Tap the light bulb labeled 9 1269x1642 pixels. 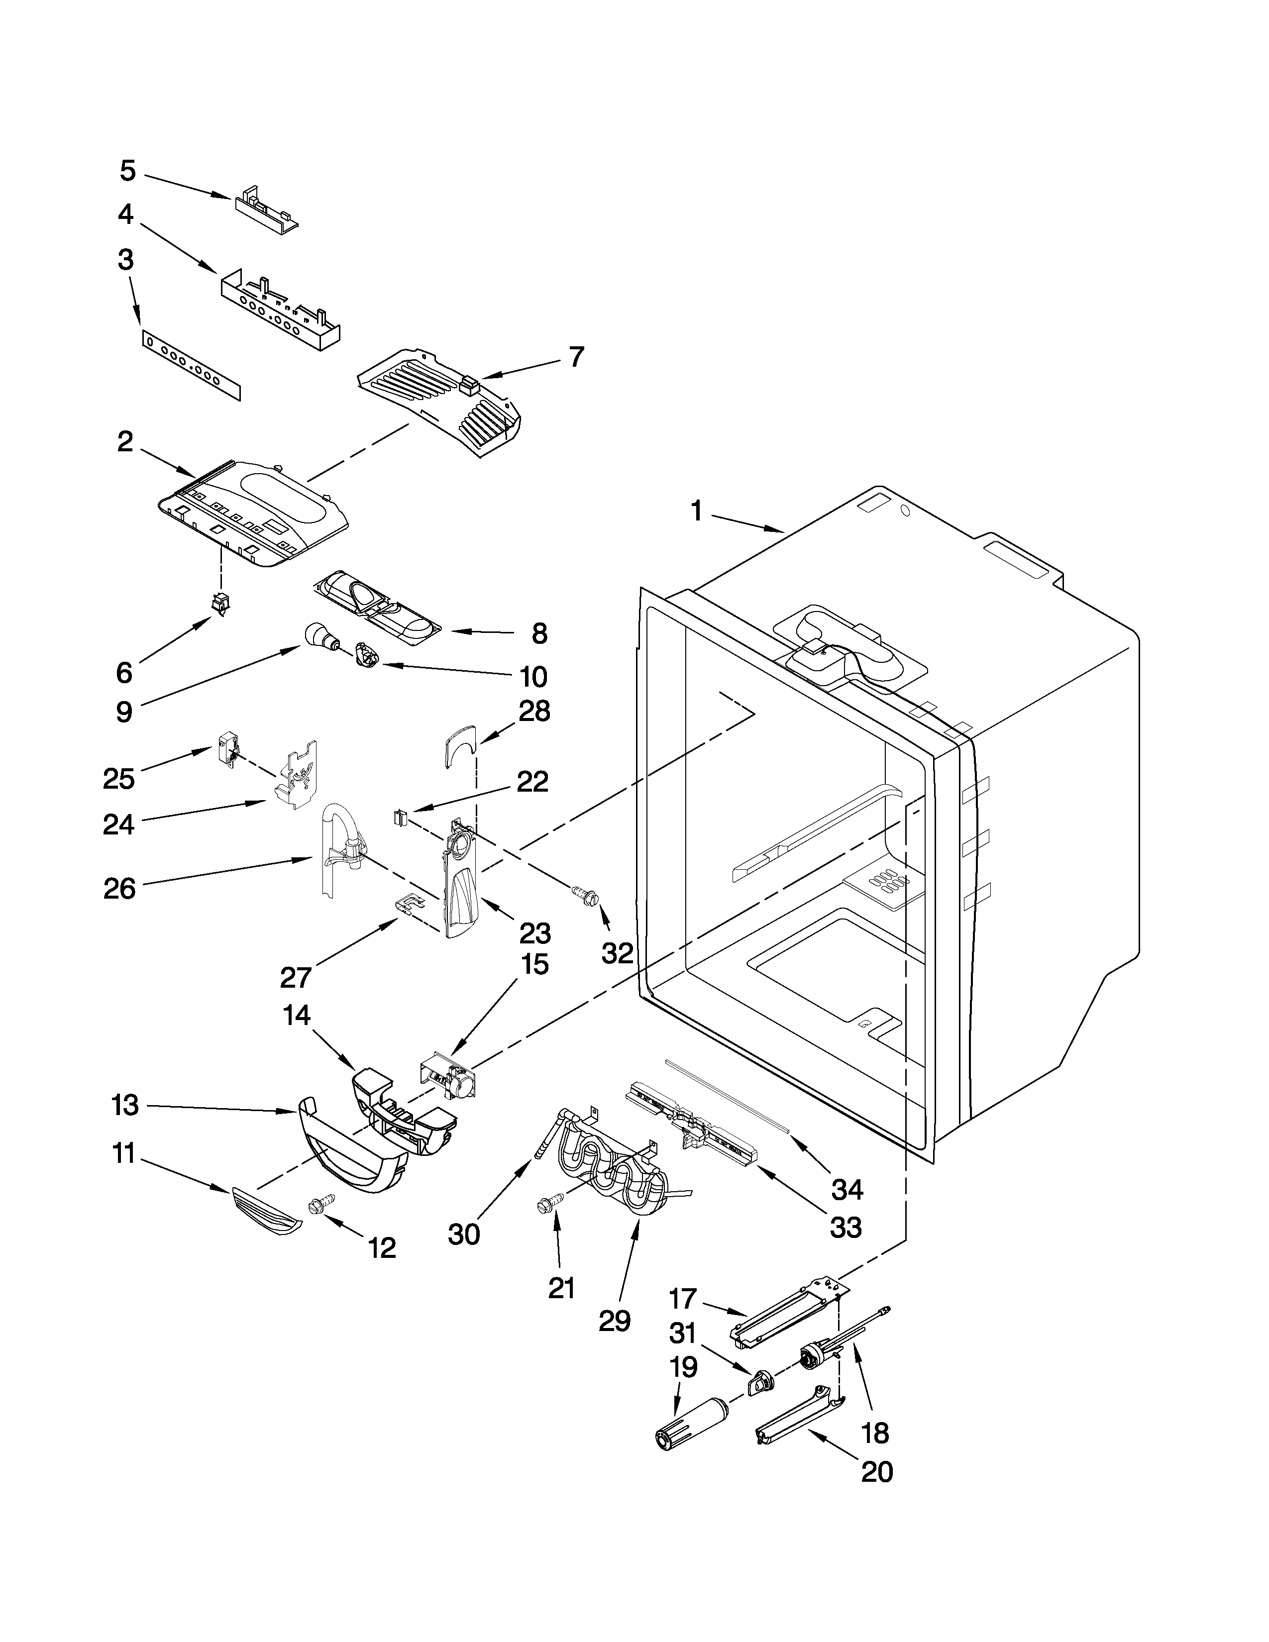[x=319, y=636]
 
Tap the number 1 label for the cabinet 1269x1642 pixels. [x=696, y=512]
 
